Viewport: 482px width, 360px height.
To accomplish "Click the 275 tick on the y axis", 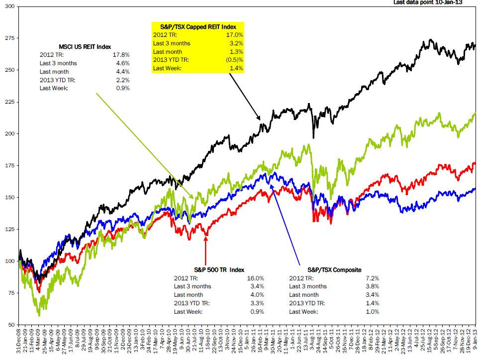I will point(9,38).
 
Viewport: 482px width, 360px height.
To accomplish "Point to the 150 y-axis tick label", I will point(9,197).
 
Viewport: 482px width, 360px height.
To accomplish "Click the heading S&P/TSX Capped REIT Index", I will point(198,26).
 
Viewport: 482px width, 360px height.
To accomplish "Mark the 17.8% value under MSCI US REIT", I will point(121,55).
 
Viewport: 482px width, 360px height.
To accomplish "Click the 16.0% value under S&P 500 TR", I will point(256,278).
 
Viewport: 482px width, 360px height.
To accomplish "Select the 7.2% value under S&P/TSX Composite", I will point(372,278).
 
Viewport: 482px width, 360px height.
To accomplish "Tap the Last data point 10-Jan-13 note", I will point(435,2).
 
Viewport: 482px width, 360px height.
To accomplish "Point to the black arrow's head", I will point(260,120).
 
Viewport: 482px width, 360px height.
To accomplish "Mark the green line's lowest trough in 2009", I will point(39,315).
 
